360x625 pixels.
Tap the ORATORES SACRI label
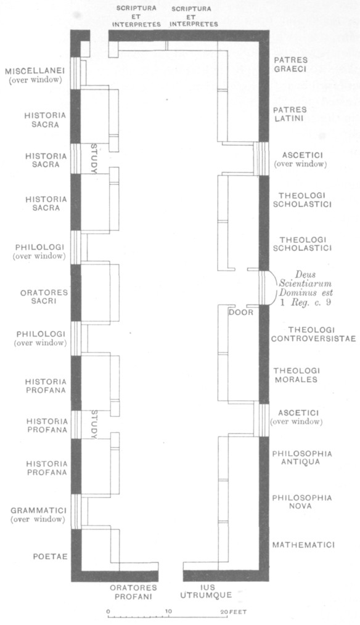[x=44, y=296]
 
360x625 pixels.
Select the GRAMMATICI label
[x=39, y=510]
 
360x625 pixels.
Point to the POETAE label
[x=51, y=556]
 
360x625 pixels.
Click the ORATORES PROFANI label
[x=134, y=592]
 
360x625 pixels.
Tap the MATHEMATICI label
[x=303, y=545]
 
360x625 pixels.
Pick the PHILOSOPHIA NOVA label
[x=302, y=502]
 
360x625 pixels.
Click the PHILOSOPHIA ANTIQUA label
[x=302, y=457]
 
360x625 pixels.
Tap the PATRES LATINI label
[x=290, y=113]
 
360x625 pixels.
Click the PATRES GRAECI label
[x=290, y=64]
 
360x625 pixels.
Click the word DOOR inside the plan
[x=241, y=312]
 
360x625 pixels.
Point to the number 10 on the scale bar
[x=168, y=611]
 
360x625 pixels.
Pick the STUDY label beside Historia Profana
[x=94, y=425]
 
